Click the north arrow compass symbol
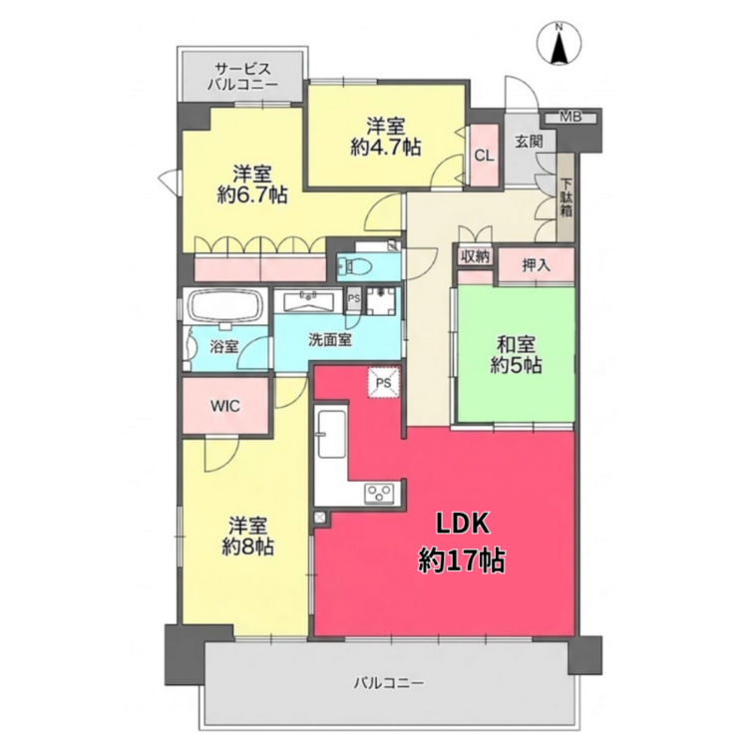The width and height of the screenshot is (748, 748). tap(560, 44)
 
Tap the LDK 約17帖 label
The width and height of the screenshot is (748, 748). tap(462, 543)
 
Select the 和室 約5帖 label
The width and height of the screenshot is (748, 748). tap(516, 354)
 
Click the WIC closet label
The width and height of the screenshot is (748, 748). tap(225, 406)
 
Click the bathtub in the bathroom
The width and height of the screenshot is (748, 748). tap(225, 307)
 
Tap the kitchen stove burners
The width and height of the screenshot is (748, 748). tap(380, 492)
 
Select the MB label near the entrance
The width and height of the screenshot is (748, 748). tap(570, 117)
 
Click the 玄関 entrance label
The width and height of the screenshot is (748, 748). tap(529, 142)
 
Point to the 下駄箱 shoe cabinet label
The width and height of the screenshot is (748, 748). tap(566, 197)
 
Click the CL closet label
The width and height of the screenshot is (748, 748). tap(484, 156)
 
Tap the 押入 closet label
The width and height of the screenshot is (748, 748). tap(537, 265)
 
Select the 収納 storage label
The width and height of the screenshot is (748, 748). tap(475, 256)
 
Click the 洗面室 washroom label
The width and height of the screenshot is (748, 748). tap(330, 340)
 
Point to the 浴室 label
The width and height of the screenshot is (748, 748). tap(224, 346)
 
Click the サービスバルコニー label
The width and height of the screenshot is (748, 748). tap(242, 77)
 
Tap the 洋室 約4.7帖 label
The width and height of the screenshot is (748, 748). tap(386, 138)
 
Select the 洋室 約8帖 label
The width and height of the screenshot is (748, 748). tap(247, 537)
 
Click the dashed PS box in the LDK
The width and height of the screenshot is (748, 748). tap(383, 383)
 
